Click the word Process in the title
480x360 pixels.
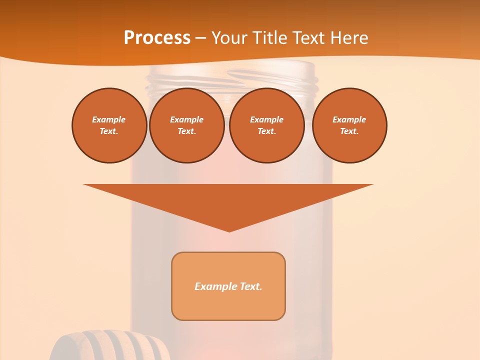[157, 38]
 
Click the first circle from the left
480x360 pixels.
[109, 125]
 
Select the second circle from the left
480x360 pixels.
[187, 125]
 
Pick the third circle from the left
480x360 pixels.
[266, 125]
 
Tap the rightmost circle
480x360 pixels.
[349, 125]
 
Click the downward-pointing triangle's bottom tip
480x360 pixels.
[229, 230]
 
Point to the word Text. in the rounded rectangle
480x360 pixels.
[251, 286]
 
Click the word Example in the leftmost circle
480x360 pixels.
[109, 119]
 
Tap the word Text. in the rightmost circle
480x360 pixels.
[349, 131]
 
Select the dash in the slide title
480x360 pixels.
[201, 38]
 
